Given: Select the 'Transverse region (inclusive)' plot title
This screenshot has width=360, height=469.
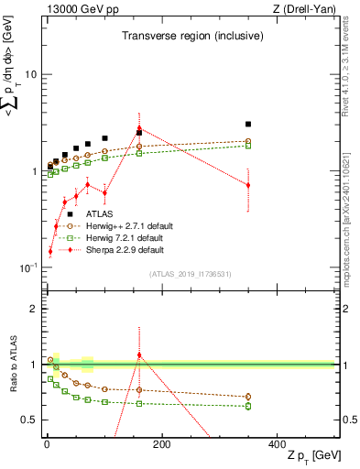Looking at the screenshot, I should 193,37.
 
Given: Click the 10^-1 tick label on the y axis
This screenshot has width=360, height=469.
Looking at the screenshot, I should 28,267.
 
